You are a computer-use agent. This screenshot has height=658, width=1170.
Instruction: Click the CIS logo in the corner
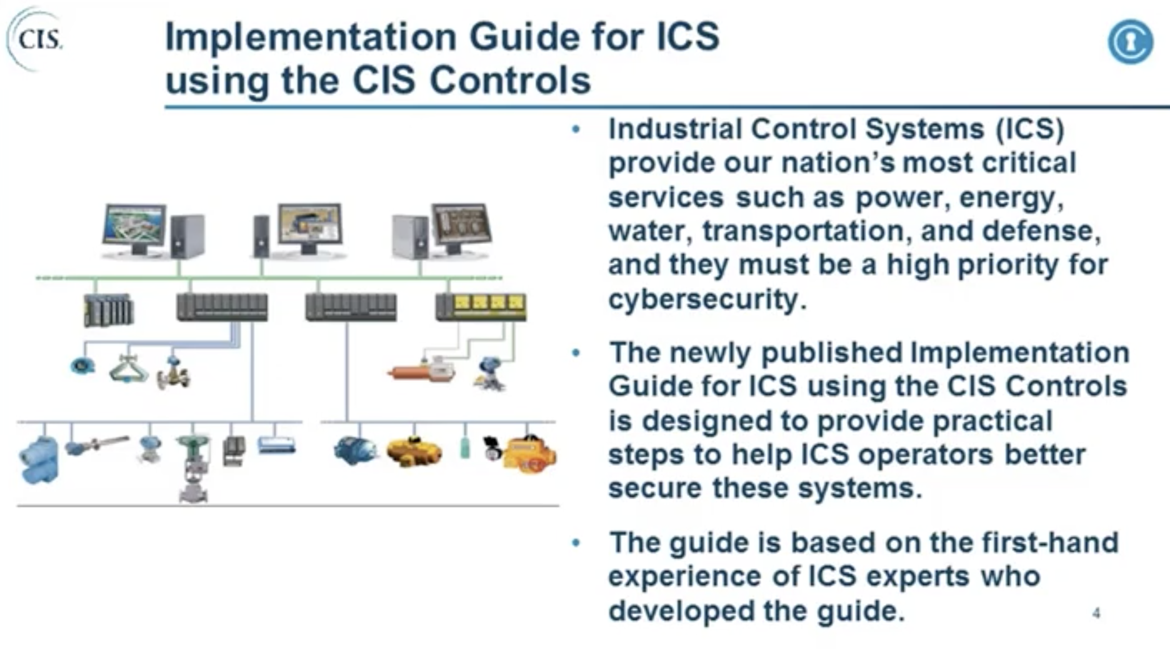click(37, 39)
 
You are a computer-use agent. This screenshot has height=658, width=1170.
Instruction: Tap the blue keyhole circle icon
click(1130, 41)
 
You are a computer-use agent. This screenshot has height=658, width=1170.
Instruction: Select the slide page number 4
click(1096, 614)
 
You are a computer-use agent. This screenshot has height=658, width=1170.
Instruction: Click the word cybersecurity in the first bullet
click(702, 299)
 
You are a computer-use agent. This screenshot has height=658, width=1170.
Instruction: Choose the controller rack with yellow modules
click(481, 306)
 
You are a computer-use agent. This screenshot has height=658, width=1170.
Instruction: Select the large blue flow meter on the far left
click(39, 460)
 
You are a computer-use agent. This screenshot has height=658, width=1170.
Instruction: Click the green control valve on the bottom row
click(194, 466)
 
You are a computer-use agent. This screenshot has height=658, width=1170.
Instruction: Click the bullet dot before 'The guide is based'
click(576, 543)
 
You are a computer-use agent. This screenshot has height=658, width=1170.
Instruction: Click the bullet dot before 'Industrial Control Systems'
click(576, 129)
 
